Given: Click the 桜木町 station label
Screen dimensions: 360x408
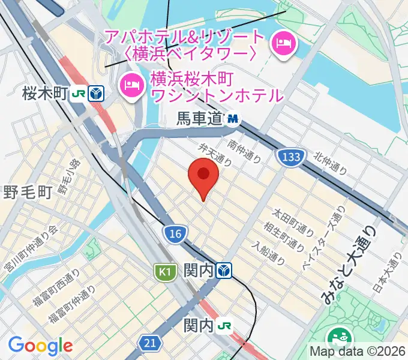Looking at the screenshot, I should [x=43, y=94].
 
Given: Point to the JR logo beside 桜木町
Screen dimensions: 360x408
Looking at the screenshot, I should [x=78, y=94].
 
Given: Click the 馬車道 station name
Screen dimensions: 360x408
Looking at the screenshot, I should [x=199, y=120].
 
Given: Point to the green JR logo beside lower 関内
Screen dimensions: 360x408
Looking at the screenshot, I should [x=225, y=326].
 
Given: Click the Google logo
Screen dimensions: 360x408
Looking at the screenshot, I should [x=40, y=346].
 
